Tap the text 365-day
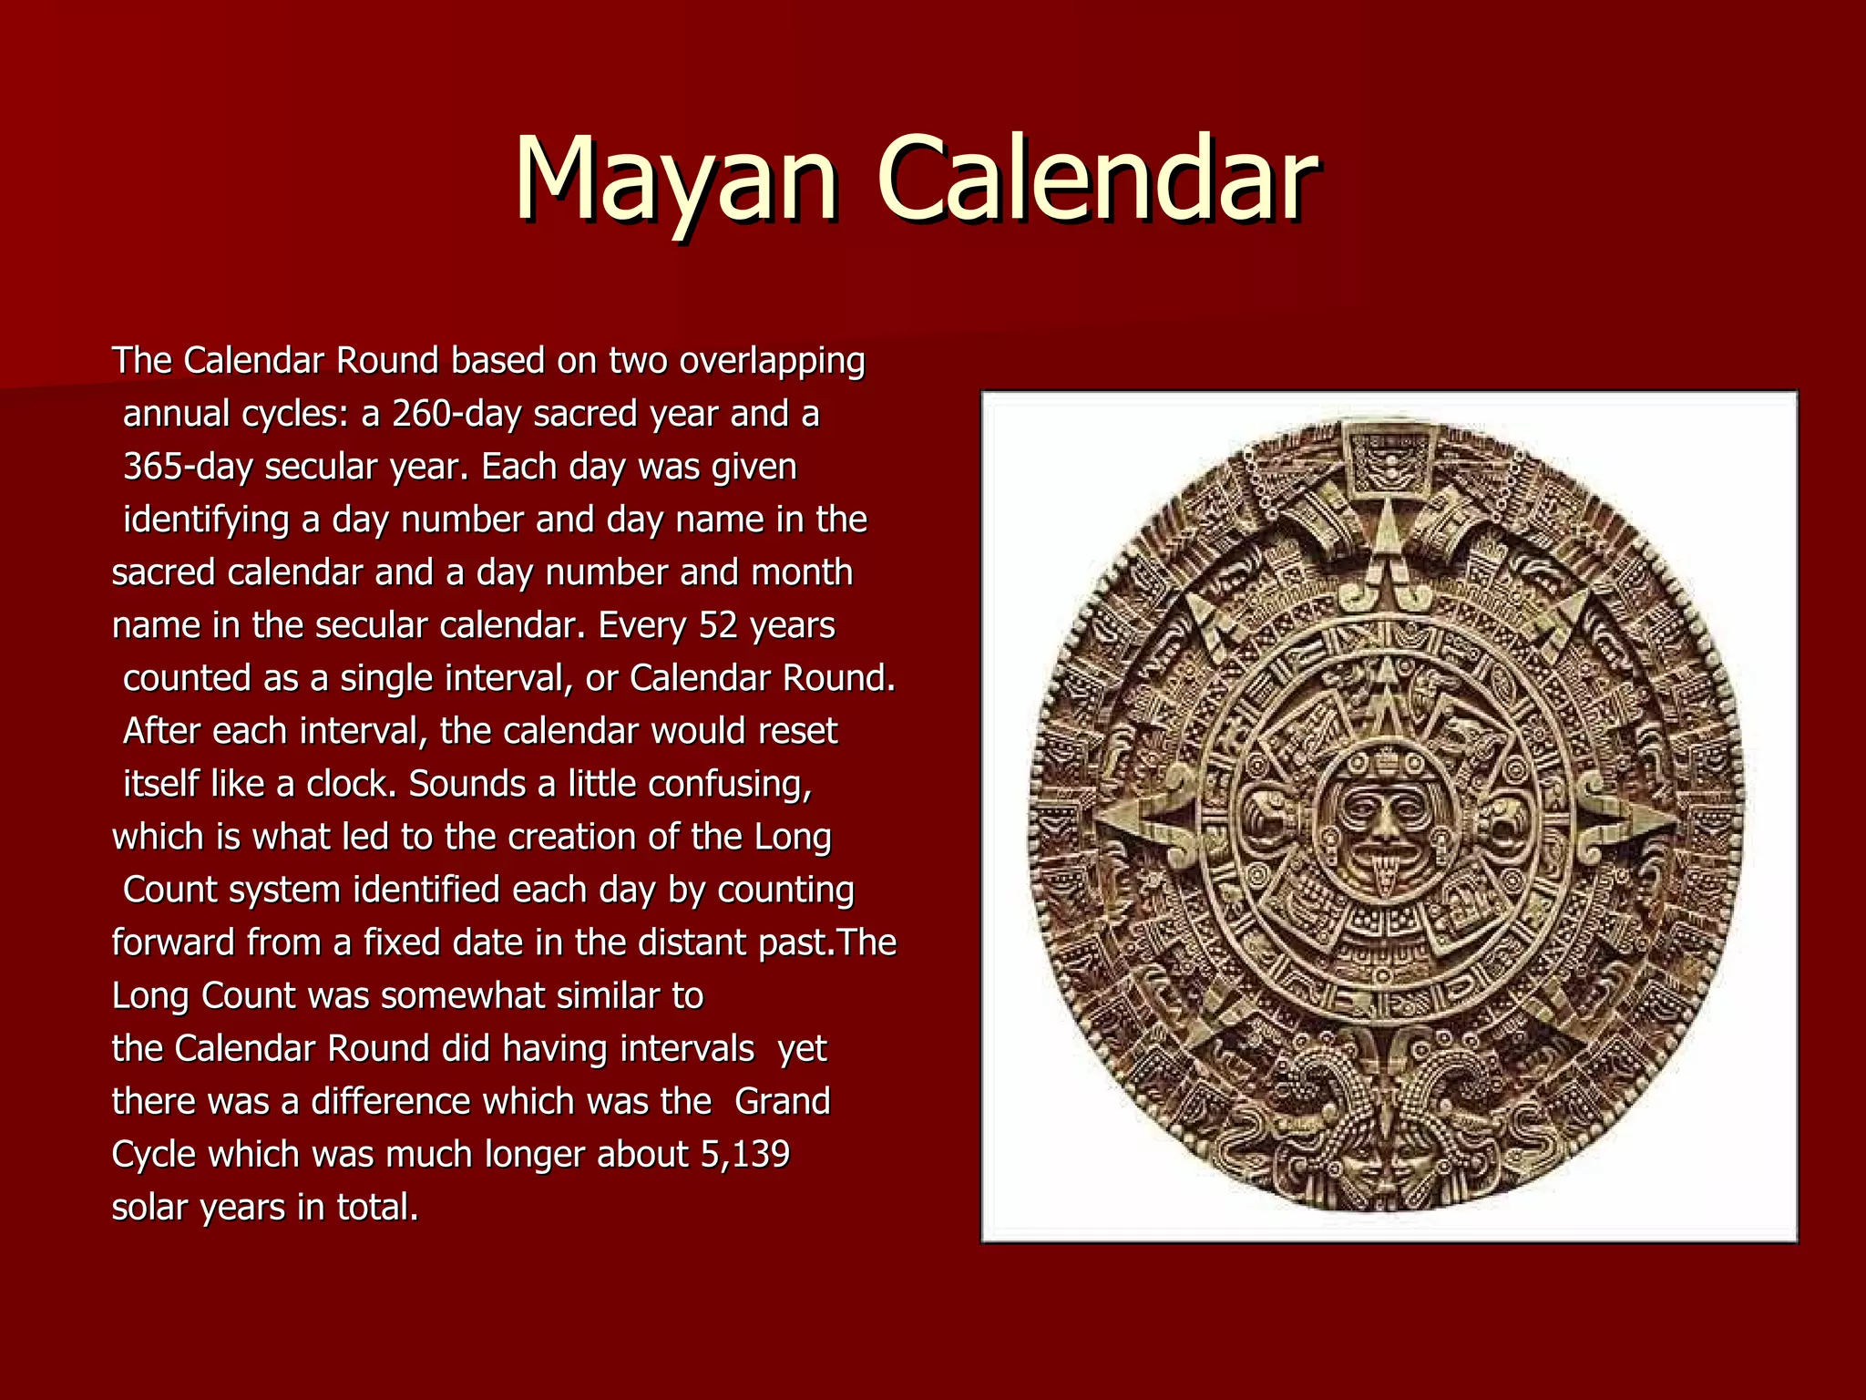[x=188, y=467]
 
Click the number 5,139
[x=744, y=1155]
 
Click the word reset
[x=798, y=731]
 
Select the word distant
[x=692, y=942]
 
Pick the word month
[x=802, y=572]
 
